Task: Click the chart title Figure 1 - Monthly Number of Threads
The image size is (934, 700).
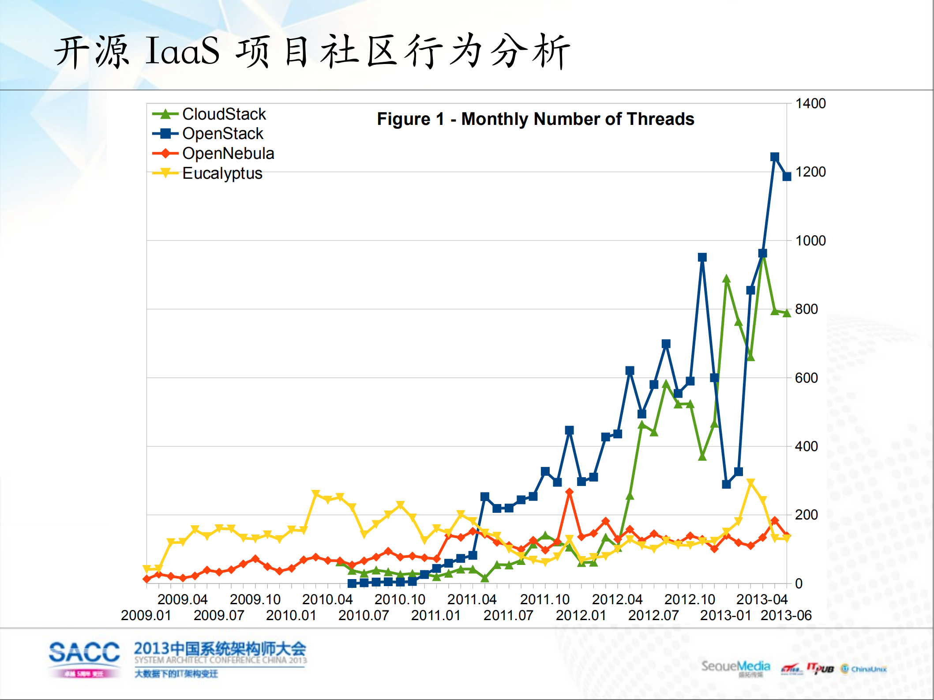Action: [535, 119]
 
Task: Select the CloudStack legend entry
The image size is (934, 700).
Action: [224, 114]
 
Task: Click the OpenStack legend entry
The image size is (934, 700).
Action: [222, 133]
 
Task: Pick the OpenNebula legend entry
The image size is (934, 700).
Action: [228, 153]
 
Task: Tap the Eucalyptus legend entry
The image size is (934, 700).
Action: [222, 173]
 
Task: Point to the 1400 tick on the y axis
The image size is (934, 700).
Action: [810, 103]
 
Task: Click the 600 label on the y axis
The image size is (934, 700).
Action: [806, 378]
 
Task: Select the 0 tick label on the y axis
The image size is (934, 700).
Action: [799, 583]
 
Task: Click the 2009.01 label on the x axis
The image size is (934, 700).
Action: [146, 615]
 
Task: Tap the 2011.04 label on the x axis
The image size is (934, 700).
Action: [472, 599]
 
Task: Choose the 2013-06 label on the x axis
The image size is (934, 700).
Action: [786, 615]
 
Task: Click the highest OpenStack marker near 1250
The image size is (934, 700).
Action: [774, 157]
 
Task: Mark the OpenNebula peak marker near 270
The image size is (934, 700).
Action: [569, 492]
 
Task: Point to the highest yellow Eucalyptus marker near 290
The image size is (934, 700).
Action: [750, 483]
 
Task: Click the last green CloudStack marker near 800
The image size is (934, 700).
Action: [787, 313]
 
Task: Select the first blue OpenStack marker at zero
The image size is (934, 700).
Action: [352, 583]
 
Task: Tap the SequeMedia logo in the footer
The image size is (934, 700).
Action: [735, 667]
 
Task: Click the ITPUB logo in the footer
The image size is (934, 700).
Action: [820, 668]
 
